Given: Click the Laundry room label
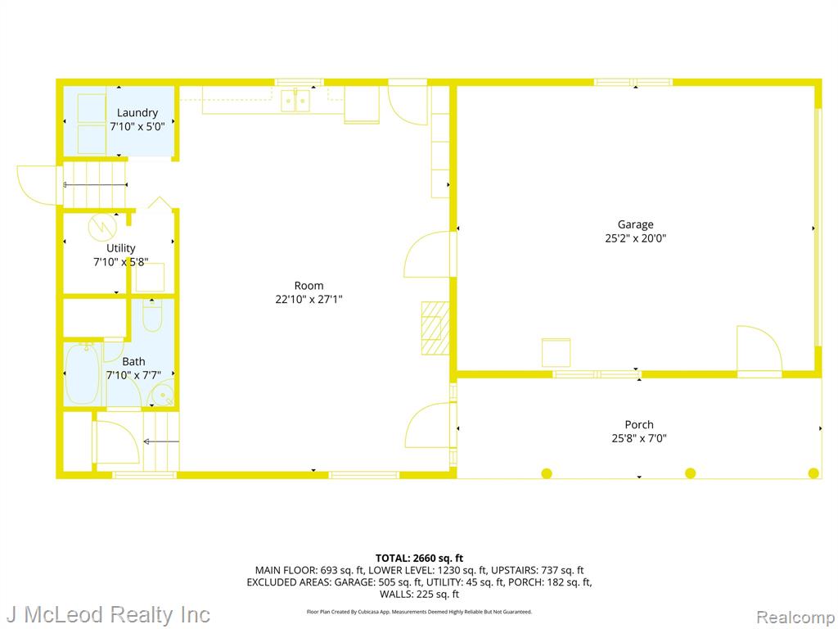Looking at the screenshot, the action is (137, 112).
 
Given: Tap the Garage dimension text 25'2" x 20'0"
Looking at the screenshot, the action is (635, 238).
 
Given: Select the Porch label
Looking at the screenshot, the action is (639, 424).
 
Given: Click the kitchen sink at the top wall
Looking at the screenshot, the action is (295, 101).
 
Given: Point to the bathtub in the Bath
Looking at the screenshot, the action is (83, 373).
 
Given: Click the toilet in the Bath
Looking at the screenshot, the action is (152, 315).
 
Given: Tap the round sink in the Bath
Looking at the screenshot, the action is (161, 395).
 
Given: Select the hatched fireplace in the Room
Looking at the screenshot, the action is (435, 328).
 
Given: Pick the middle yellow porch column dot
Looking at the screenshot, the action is (691, 473).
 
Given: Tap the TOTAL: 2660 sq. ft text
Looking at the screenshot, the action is (419, 559).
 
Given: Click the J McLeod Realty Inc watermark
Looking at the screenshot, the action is (109, 614).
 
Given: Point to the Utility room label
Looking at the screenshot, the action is (121, 248).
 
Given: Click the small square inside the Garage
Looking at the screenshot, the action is (556, 352).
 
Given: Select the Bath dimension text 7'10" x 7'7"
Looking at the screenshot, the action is (133, 375).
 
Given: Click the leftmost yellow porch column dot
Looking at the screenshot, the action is (547, 473).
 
